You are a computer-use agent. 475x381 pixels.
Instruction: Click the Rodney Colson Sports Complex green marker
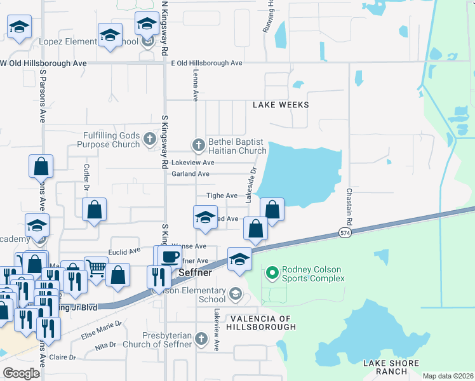pyautogui.click(x=272, y=273)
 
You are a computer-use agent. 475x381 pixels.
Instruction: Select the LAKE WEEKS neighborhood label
pyautogui.click(x=281, y=105)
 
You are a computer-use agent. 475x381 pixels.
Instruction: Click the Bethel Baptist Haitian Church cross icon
pyautogui.click(x=198, y=145)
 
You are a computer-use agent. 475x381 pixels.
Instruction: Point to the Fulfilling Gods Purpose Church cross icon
pyautogui.click(x=149, y=138)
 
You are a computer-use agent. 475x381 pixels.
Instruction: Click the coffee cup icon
pyautogui.click(x=169, y=257)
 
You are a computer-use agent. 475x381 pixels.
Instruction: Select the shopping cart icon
pyautogui.click(x=96, y=268)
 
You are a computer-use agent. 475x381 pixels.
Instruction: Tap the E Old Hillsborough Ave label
pyautogui.click(x=206, y=63)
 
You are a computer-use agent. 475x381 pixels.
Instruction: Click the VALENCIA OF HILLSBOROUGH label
pyautogui.click(x=263, y=323)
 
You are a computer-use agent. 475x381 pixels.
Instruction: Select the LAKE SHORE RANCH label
pyautogui.click(x=391, y=367)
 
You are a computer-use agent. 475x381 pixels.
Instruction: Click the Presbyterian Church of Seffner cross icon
pyautogui.click(x=201, y=337)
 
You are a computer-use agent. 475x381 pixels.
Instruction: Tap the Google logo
pyautogui.click(x=21, y=373)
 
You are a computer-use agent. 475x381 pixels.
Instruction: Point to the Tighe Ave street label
pyautogui.click(x=222, y=196)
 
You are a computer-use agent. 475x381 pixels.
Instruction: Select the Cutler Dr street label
pyautogui.click(x=87, y=177)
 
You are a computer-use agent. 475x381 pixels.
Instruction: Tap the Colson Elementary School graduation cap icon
pyautogui.click(x=236, y=293)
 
